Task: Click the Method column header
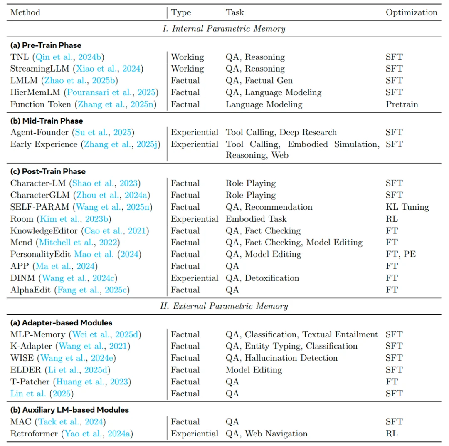(25, 12)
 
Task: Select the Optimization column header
(411, 12)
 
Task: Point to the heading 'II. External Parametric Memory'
(224, 306)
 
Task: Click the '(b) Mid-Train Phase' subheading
(47, 121)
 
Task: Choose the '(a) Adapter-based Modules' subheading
(61, 322)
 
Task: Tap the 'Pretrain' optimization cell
(402, 104)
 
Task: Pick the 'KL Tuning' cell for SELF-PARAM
(407, 207)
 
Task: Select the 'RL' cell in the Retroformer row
(392, 434)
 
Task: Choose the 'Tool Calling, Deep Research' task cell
(281, 132)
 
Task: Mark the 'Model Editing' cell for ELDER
(254, 370)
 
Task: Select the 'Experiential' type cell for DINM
(194, 278)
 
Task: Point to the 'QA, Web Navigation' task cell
(266, 434)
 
